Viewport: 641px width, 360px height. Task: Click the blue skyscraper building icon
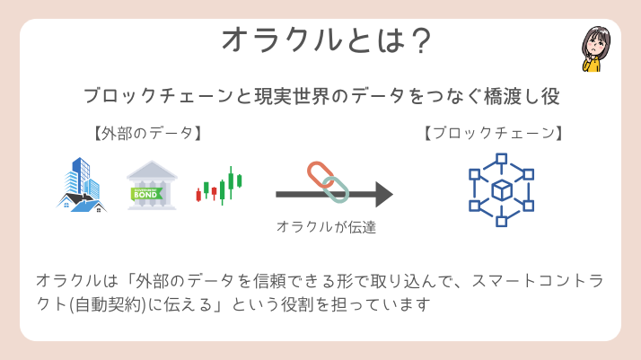pos(82,186)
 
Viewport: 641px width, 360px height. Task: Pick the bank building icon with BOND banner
pos(152,186)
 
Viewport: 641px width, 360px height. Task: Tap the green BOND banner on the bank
pos(152,191)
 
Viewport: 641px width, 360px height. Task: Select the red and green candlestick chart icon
pos(220,187)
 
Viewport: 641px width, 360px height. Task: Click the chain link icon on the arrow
pos(328,182)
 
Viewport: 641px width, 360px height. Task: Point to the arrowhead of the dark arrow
pos(384,194)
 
